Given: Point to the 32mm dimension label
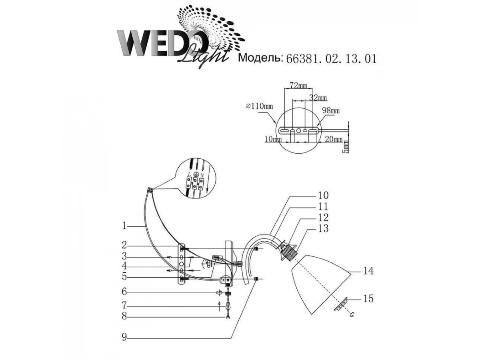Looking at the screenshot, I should click(x=318, y=98).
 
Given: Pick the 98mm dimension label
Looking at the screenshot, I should click(x=331, y=110).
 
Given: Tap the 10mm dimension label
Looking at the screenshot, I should click(x=273, y=139).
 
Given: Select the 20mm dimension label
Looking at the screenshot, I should click(x=333, y=139).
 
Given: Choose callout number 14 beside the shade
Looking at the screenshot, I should click(x=368, y=271).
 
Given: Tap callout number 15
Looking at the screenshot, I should click(x=368, y=299).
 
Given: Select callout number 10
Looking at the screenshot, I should click(x=323, y=195).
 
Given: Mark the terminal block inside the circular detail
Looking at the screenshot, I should click(x=194, y=184).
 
